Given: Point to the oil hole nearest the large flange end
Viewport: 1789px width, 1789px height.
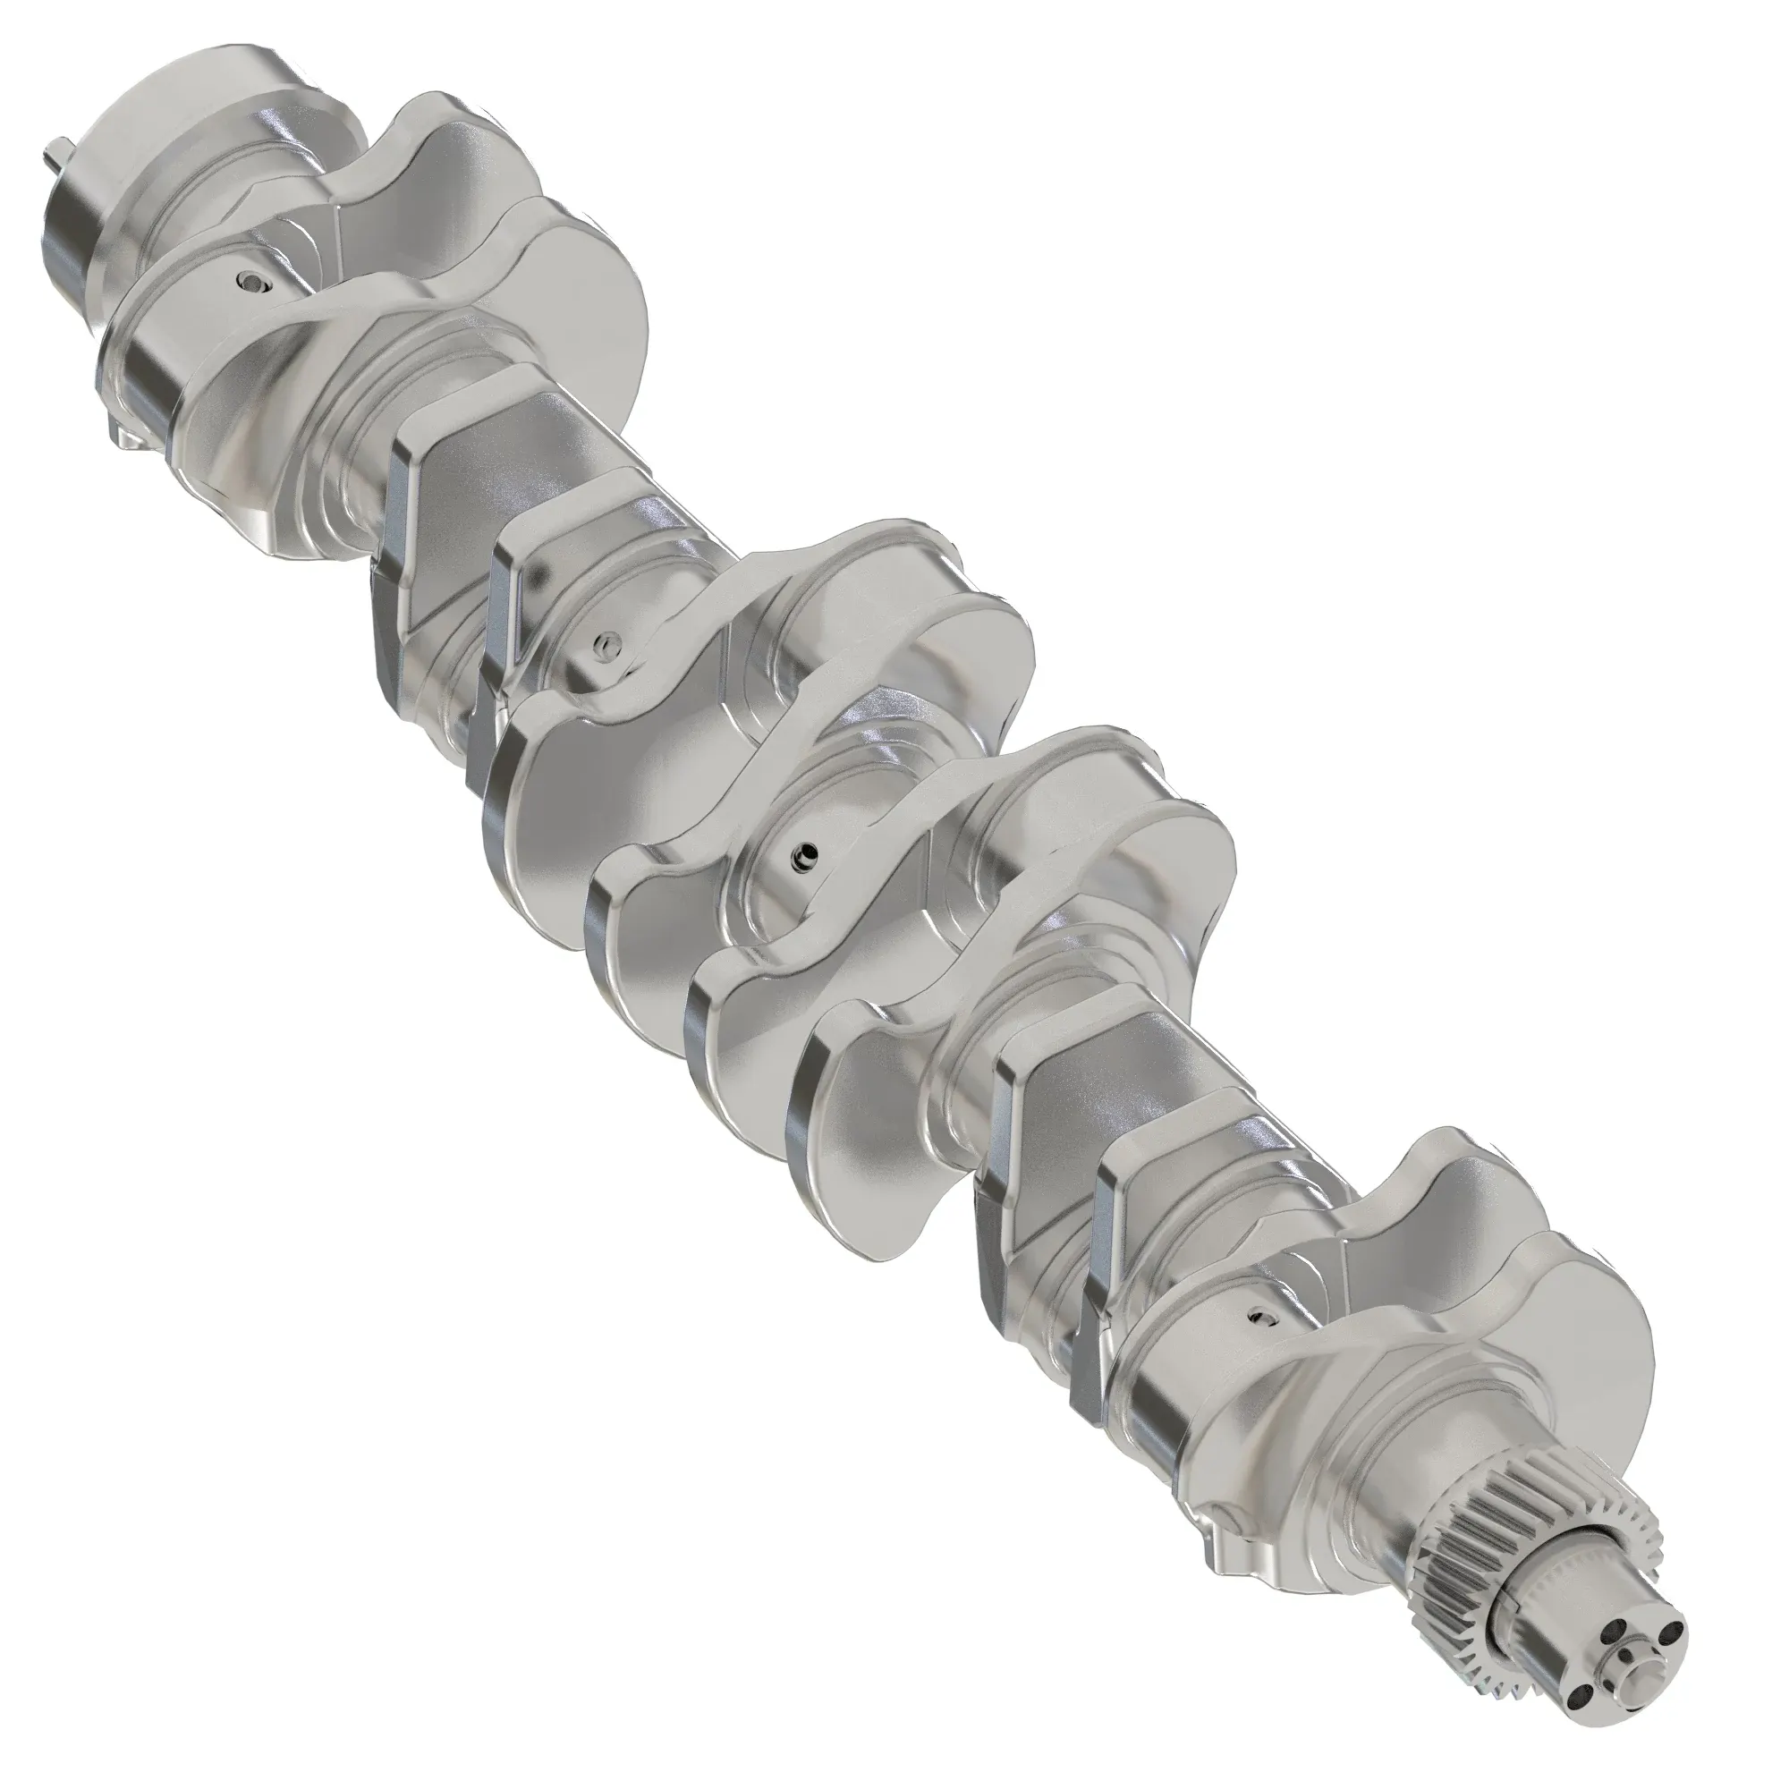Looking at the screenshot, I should [x=252, y=283].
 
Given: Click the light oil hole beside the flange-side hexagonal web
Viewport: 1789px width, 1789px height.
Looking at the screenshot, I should [x=606, y=641].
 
